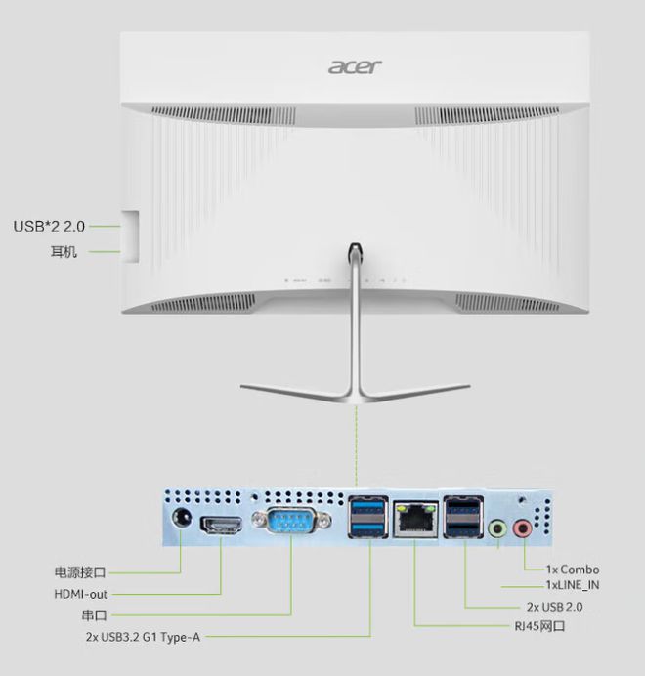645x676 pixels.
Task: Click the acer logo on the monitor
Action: pyautogui.click(x=355, y=66)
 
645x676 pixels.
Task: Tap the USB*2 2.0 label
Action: pyautogui.click(x=49, y=227)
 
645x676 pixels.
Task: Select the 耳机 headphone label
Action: pyautogui.click(x=64, y=251)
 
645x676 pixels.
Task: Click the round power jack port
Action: pyautogui.click(x=182, y=517)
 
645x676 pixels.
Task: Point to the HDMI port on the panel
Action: pyautogui.click(x=221, y=526)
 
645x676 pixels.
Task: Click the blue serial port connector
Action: pyautogui.click(x=291, y=520)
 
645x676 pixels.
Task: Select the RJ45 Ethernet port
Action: pyautogui.click(x=415, y=519)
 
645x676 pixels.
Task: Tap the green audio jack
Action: pyautogui.click(x=497, y=528)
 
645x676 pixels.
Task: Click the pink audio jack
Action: pyautogui.click(x=523, y=528)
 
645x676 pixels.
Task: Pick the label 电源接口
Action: pyautogui.click(x=80, y=572)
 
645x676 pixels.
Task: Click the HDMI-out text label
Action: pyautogui.click(x=81, y=594)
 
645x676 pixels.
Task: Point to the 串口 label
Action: pyautogui.click(x=94, y=615)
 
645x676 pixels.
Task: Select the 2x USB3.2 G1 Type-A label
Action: pyautogui.click(x=143, y=637)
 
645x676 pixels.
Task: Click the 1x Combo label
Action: pyautogui.click(x=573, y=570)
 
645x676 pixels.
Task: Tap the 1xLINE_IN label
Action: pyautogui.click(x=573, y=585)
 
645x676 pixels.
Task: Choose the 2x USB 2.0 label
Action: pyautogui.click(x=554, y=607)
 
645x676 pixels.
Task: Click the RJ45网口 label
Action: pyautogui.click(x=539, y=625)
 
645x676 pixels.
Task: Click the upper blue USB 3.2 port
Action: pyautogui.click(x=368, y=506)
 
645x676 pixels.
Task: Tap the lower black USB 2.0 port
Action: pyautogui.click(x=463, y=528)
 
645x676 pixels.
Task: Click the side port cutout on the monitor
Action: pyautogui.click(x=130, y=236)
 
